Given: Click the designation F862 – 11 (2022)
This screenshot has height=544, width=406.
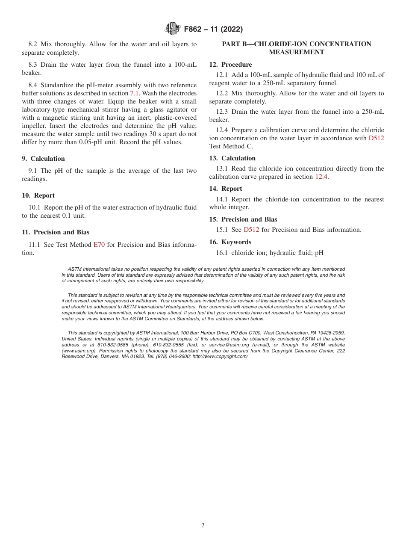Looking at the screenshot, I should [x=213, y=30].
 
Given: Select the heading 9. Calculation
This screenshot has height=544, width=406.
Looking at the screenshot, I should [x=43, y=159].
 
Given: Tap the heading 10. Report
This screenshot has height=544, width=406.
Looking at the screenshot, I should [x=38, y=195].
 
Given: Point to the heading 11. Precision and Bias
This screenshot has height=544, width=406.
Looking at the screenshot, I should [x=56, y=232].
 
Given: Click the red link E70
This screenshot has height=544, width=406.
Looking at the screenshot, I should [x=99, y=245].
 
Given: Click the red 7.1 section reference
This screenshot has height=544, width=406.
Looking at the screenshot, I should [x=135, y=93].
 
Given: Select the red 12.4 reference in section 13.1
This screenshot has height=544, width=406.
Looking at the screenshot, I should [x=321, y=177].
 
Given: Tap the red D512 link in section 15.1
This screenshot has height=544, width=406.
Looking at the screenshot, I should [x=251, y=230].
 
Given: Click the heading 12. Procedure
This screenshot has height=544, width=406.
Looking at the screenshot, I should [x=230, y=65].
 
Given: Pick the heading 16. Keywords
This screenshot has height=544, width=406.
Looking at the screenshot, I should [x=230, y=242].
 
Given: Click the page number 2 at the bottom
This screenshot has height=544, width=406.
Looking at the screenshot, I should [x=203, y=526].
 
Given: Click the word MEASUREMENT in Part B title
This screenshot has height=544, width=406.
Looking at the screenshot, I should [x=296, y=52].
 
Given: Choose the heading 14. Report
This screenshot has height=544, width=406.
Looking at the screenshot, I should [x=225, y=189].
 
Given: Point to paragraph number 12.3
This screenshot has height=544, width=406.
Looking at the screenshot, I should [x=221, y=112].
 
